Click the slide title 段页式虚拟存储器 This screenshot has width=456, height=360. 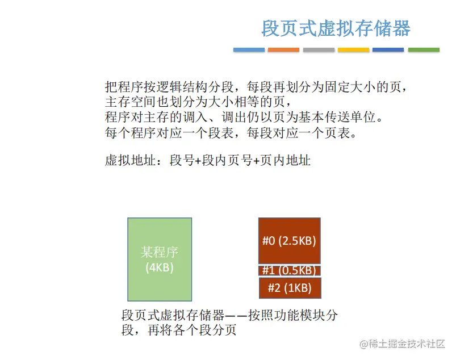click(336, 28)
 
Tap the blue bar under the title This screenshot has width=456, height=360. click(249, 50)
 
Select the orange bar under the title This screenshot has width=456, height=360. click(283, 50)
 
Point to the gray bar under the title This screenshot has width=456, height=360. click(319, 50)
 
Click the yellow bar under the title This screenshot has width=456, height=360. click(353, 50)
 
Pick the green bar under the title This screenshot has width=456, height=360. click(424, 50)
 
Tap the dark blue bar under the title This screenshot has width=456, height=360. click(388, 50)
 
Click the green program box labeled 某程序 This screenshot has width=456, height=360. click(160, 259)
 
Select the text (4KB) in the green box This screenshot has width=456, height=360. click(160, 267)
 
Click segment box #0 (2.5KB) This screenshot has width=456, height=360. click(290, 241)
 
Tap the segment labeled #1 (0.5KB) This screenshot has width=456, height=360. click(290, 270)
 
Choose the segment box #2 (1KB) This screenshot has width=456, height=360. click(290, 288)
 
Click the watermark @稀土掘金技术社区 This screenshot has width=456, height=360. click(402, 344)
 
